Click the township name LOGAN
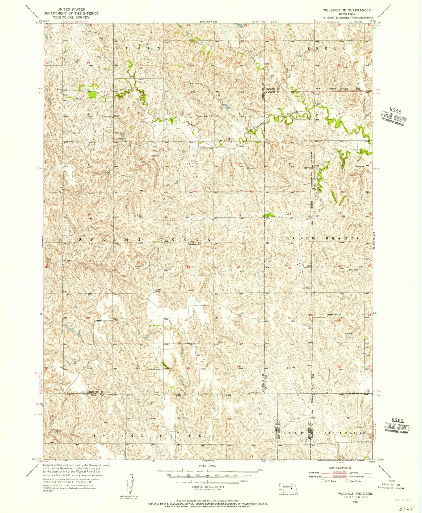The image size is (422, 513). pos(138,49)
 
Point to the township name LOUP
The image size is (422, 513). pos(293,433)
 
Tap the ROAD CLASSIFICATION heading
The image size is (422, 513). pos(340,468)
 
